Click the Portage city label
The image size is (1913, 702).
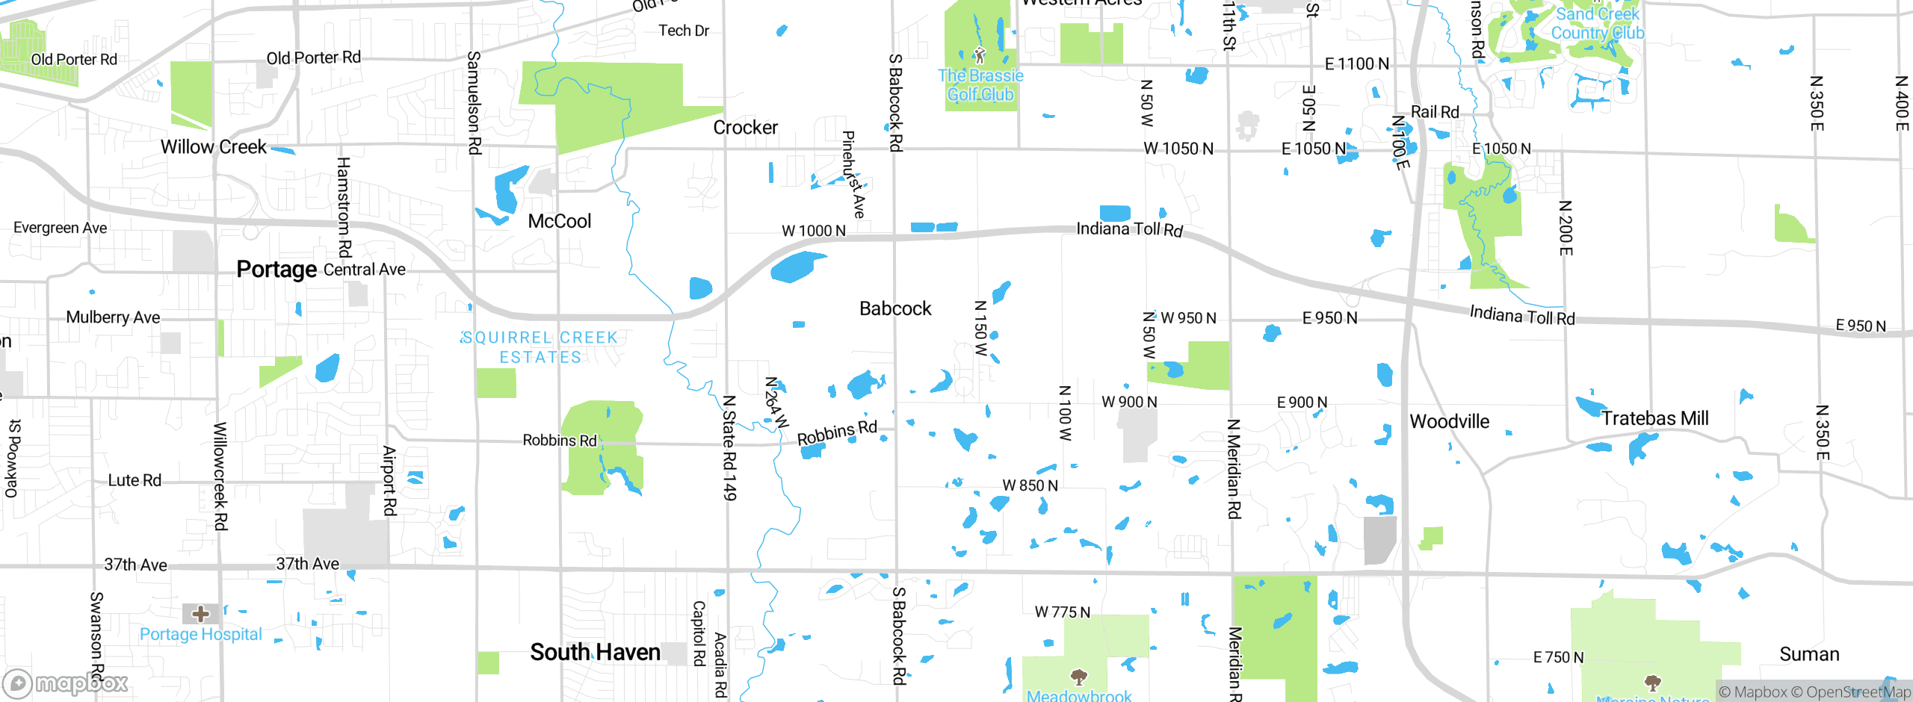tap(276, 270)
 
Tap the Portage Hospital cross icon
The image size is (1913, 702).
tap(200, 614)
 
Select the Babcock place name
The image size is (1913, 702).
tap(895, 308)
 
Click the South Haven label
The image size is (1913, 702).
tap(595, 652)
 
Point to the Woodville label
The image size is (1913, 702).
tap(1449, 421)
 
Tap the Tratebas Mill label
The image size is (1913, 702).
tap(1654, 418)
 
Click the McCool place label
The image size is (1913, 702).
tap(559, 221)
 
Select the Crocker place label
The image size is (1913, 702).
tap(745, 128)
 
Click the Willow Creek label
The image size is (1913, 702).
tap(213, 147)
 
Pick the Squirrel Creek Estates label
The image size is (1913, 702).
tap(540, 347)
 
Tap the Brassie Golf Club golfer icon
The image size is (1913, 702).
tap(980, 55)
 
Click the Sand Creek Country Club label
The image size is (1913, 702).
tap(1597, 24)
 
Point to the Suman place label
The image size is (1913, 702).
tap(1809, 654)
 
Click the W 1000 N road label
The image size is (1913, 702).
tap(813, 231)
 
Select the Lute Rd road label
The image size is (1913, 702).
tap(135, 480)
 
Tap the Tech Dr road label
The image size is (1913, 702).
tap(683, 31)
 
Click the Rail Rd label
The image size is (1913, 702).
tap(1434, 112)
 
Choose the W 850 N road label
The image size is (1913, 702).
tap(1030, 485)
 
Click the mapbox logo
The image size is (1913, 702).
tap(66, 683)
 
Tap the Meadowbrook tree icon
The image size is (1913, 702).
tap(1078, 677)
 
